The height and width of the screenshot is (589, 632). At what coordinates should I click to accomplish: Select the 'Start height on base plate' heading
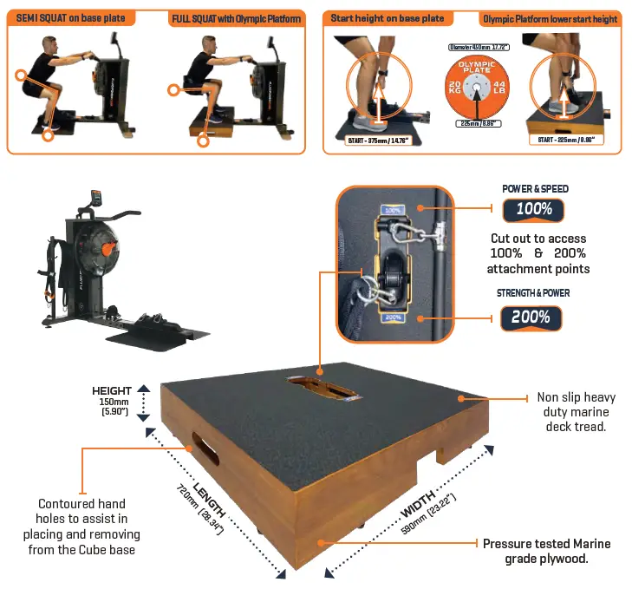[387, 17]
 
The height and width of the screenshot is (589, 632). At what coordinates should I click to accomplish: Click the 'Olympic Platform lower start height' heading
[550, 18]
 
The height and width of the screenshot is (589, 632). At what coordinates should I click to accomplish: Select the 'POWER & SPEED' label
[535, 188]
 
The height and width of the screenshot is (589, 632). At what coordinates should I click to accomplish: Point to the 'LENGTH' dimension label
[210, 498]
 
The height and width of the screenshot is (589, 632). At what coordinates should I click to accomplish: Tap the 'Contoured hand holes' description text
[81, 527]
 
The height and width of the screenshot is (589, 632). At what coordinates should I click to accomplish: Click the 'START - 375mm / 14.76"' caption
[379, 141]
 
